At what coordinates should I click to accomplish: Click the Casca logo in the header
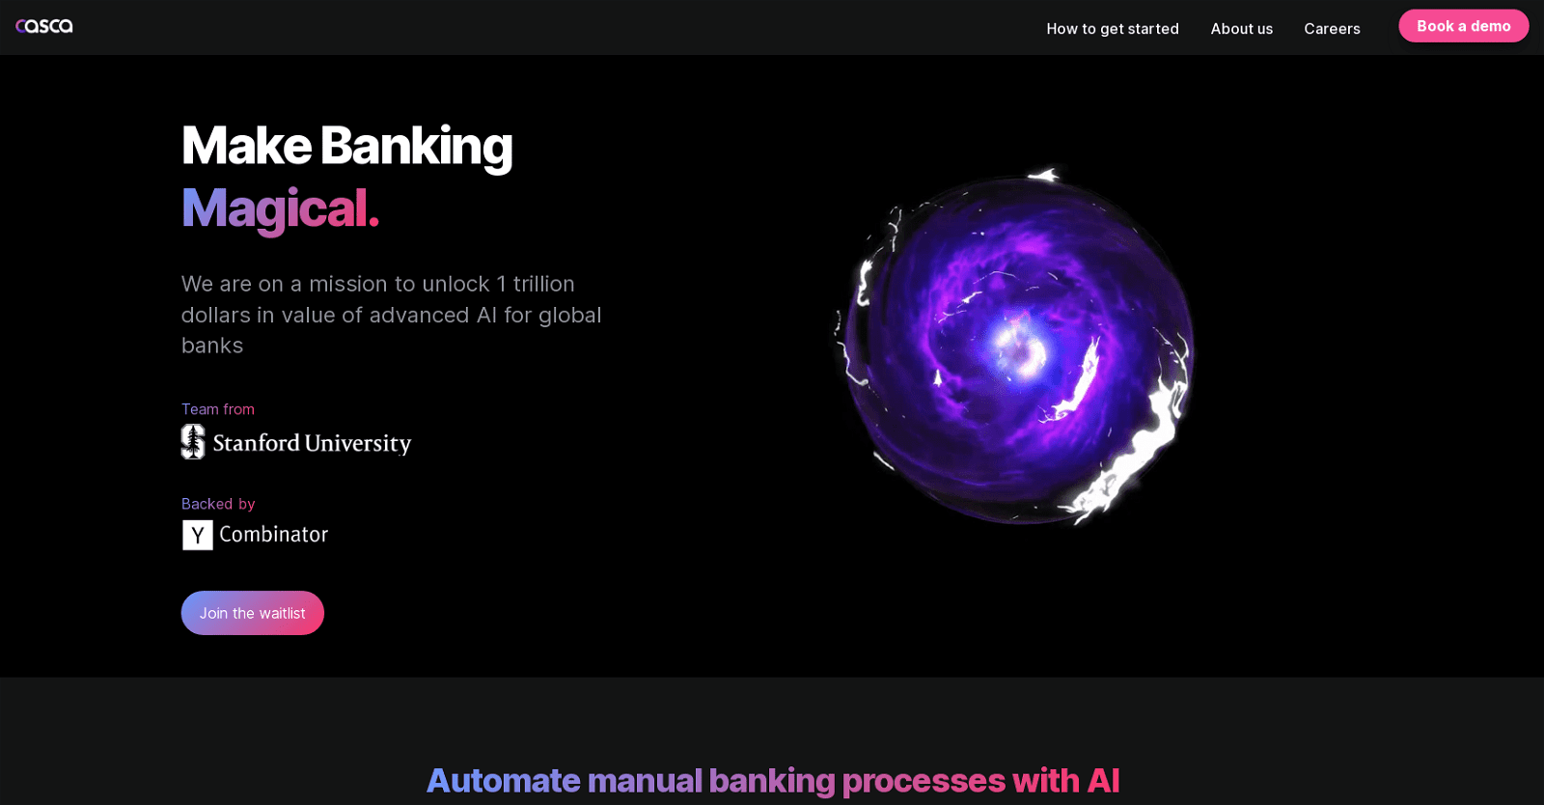[x=44, y=26]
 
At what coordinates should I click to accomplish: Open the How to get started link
[x=1113, y=29]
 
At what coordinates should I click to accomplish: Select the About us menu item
[x=1241, y=29]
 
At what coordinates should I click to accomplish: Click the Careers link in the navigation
[x=1332, y=29]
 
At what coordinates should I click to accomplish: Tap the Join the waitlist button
[x=252, y=613]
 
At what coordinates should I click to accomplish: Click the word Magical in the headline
[x=274, y=208]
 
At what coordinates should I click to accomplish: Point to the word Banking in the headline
[x=416, y=147]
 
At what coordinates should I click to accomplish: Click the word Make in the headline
[x=246, y=146]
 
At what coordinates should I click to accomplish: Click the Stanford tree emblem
[x=193, y=441]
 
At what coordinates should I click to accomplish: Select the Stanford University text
[x=312, y=443]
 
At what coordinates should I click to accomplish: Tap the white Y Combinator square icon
[x=197, y=535]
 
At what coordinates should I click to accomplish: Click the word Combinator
[x=274, y=534]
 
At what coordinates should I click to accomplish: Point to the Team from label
[x=218, y=409]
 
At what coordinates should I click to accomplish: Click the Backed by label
[x=218, y=504]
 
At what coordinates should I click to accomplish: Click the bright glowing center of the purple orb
[x=1019, y=348]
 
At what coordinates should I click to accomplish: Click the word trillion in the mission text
[x=544, y=284]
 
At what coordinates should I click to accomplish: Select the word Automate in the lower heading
[x=503, y=781]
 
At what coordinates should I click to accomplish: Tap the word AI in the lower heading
[x=1103, y=781]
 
